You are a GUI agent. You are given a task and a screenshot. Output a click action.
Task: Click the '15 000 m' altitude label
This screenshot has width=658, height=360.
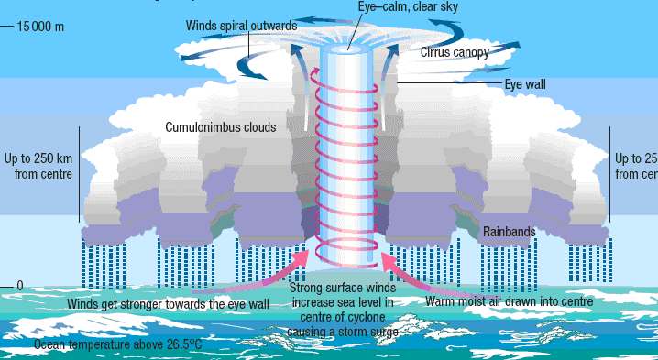point(40,26)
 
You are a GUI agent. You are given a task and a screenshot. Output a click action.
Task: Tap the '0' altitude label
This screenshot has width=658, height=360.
point(20,286)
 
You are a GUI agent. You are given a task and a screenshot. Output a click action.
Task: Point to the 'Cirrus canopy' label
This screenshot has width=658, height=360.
point(455,53)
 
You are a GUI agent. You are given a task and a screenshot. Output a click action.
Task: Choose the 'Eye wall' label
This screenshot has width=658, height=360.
point(525,84)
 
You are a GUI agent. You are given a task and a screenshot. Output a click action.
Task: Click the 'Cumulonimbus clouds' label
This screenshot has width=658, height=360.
point(220,127)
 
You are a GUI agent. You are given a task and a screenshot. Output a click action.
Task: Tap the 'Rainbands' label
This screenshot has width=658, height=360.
point(509,232)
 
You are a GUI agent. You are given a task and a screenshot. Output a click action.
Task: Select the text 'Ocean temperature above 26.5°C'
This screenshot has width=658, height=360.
point(117,345)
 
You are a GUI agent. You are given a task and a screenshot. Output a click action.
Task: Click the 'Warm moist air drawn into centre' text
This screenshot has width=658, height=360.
point(510,300)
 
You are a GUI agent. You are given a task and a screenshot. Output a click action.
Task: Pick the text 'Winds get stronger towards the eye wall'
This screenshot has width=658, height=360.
point(168,303)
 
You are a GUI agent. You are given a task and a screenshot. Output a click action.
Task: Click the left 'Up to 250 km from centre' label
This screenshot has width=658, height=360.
point(37,165)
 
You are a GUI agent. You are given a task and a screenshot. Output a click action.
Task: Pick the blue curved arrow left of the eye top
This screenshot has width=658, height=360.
point(247,66)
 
